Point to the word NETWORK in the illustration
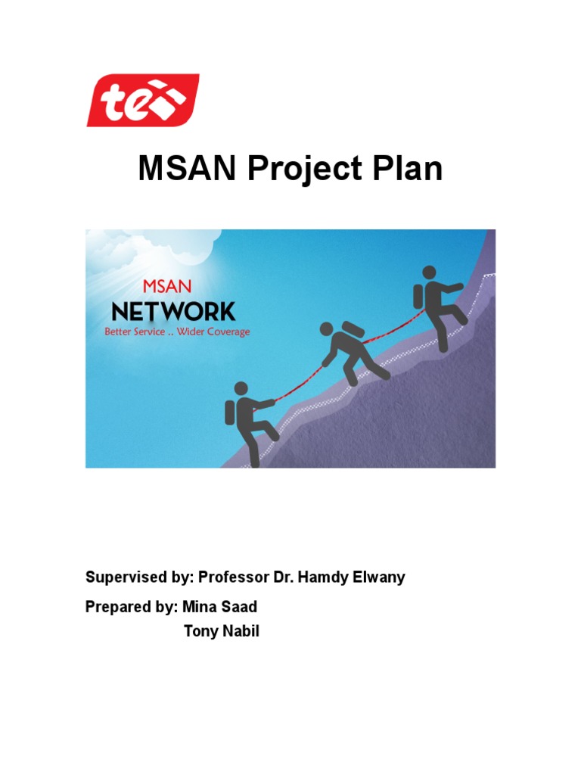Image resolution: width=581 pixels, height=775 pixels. [x=173, y=311]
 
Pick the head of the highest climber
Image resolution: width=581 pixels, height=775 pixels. [x=429, y=272]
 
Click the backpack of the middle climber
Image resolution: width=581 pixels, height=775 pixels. [x=353, y=331]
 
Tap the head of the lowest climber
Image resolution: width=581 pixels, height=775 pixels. [x=241, y=388]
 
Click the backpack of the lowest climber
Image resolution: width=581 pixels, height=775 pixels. [x=230, y=412]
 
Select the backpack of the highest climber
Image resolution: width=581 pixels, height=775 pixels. [x=418, y=297]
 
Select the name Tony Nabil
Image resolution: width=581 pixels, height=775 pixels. [x=222, y=631]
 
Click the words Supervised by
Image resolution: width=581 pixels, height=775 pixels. [x=138, y=577]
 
